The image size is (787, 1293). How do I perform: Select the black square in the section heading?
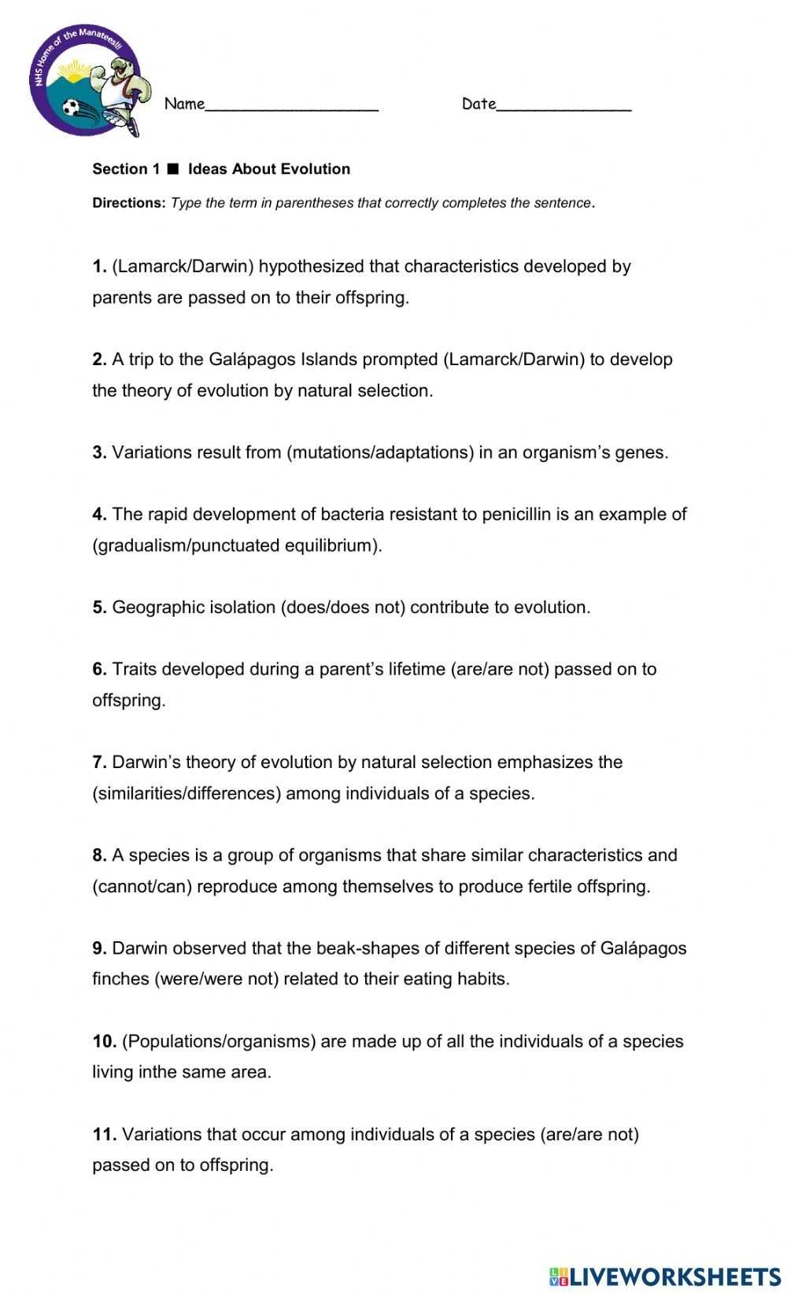point(174,168)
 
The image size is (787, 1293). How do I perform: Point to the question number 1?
point(99,267)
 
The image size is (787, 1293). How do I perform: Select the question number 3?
point(99,453)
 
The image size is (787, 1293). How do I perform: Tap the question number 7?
point(99,763)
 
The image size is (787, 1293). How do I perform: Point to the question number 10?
point(104,1042)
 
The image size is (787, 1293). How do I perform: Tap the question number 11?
point(104,1135)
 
